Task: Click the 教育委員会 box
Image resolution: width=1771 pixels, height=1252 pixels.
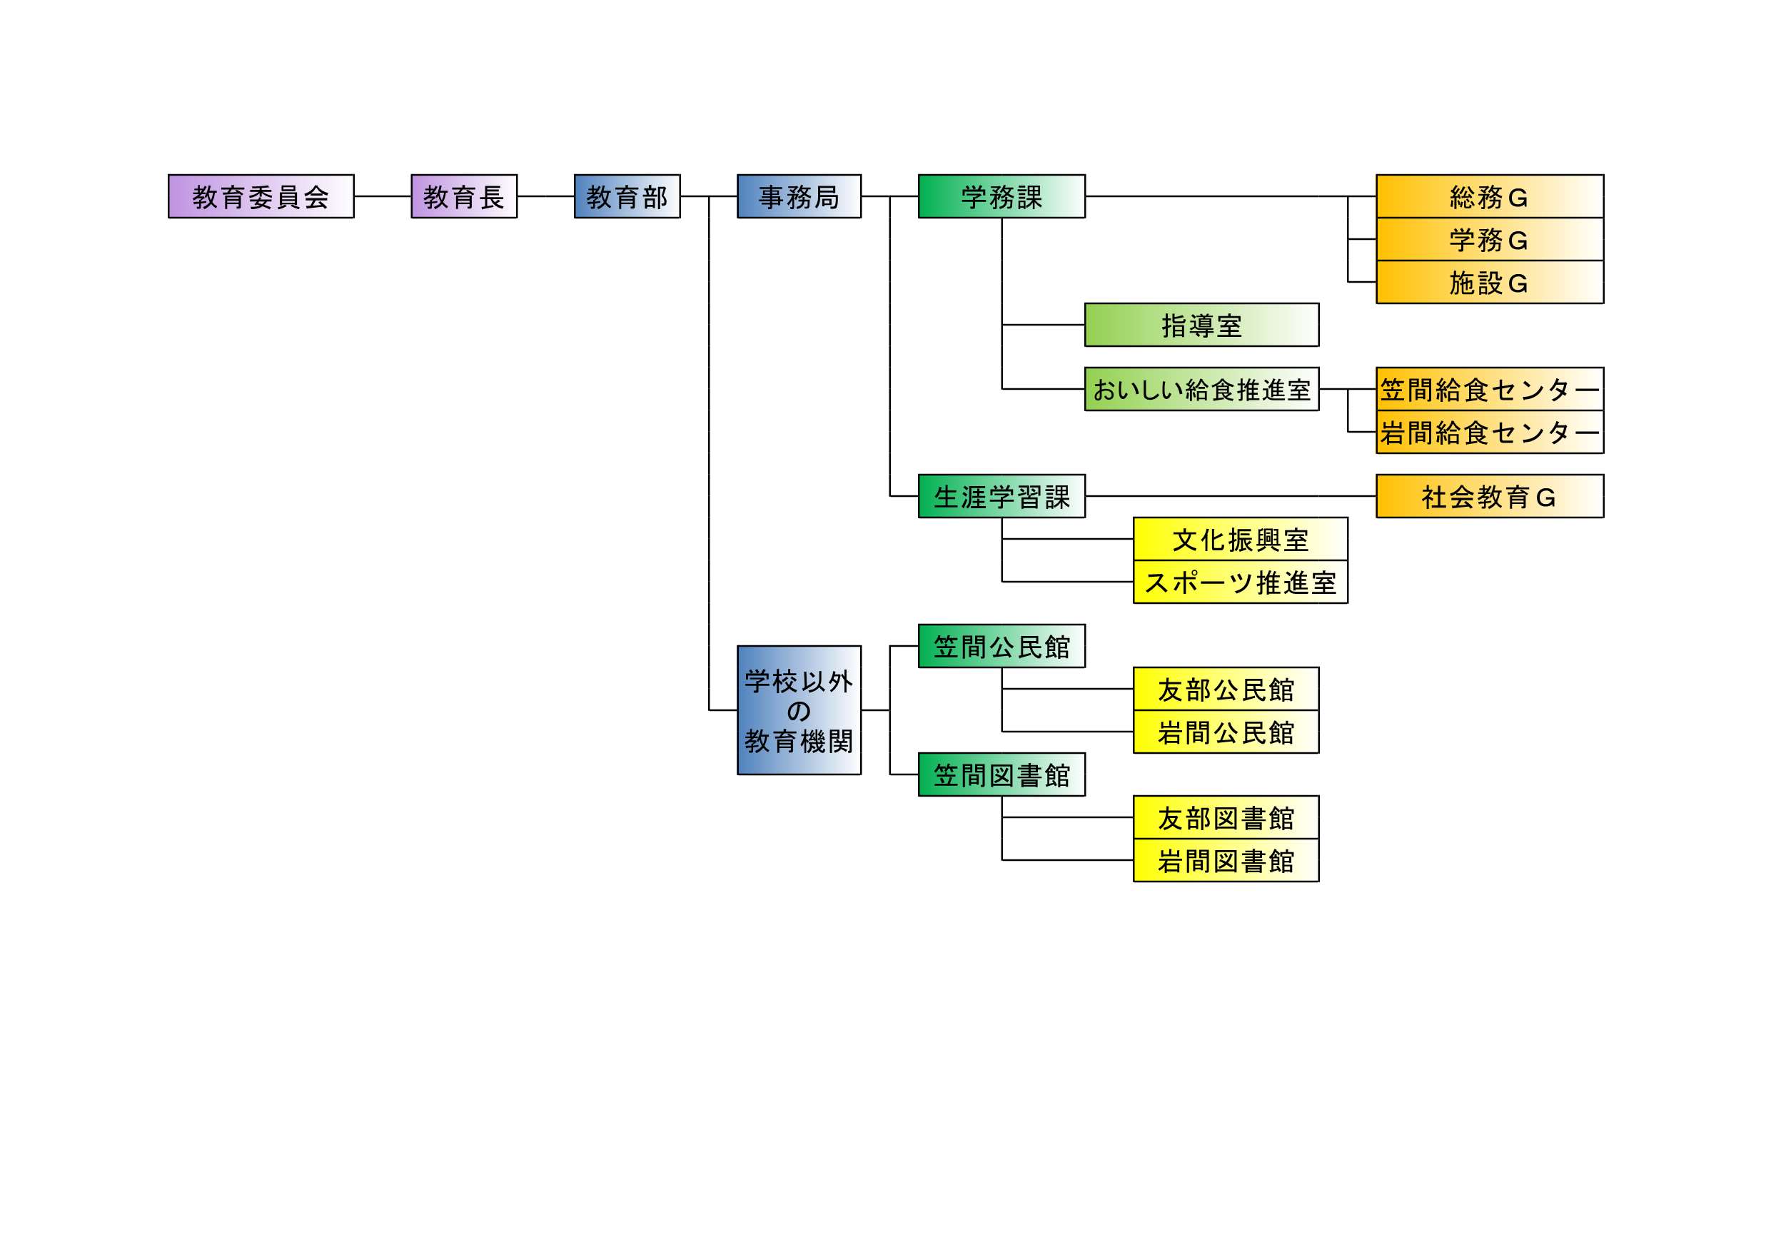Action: point(261,197)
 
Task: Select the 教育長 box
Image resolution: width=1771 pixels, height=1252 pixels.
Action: point(463,197)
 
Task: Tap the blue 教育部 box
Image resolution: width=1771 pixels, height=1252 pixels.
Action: point(627,197)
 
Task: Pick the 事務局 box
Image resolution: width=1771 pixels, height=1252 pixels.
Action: point(798,197)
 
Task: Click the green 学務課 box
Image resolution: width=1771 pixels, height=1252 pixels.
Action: point(1001,197)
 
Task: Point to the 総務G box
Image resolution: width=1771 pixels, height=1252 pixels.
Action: point(1490,197)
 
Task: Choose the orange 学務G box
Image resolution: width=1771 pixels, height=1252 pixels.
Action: point(1490,240)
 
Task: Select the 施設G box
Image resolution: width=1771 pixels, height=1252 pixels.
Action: point(1490,283)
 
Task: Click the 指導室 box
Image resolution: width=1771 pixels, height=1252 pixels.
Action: point(1201,325)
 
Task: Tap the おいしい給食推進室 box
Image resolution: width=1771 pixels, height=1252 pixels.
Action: point(1201,390)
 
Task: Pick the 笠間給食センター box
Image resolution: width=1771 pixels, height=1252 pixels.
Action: point(1490,390)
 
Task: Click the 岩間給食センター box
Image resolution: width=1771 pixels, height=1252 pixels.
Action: point(1490,432)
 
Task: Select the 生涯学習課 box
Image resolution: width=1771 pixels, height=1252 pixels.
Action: point(1001,496)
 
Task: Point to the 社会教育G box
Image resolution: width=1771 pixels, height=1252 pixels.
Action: point(1490,496)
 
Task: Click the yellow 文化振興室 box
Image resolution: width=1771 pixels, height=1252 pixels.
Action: point(1239,539)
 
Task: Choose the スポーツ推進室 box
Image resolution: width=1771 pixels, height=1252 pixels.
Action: point(1239,582)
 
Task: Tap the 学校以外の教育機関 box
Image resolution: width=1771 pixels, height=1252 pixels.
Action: point(798,710)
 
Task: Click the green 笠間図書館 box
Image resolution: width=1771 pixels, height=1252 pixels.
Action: point(1001,774)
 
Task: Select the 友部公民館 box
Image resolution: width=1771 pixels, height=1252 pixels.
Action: point(1226,689)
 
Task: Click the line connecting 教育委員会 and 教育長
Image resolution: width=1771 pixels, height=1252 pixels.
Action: point(383,197)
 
